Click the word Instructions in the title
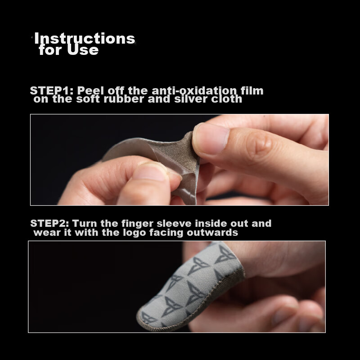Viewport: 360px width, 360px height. coord(85,38)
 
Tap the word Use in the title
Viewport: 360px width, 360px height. coord(83,49)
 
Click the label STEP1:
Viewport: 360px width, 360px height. coord(52,91)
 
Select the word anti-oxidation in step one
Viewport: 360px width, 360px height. coord(194,91)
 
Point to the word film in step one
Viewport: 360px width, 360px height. coord(252,90)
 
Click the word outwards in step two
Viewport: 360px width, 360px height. coord(212,232)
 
